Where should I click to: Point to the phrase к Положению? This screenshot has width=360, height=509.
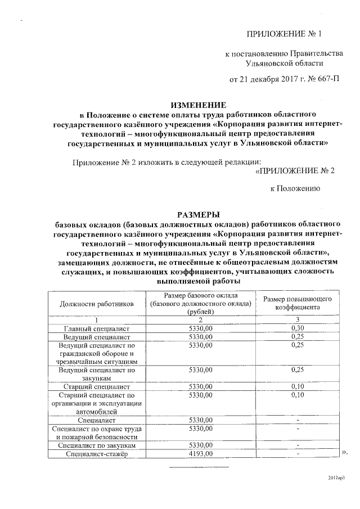tap(295, 189)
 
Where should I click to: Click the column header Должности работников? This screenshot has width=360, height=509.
tap(96, 304)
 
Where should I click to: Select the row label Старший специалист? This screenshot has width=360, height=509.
tap(97, 387)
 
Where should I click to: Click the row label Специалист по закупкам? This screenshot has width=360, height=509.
tap(97, 445)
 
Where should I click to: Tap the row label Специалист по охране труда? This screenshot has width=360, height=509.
tap(97, 432)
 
